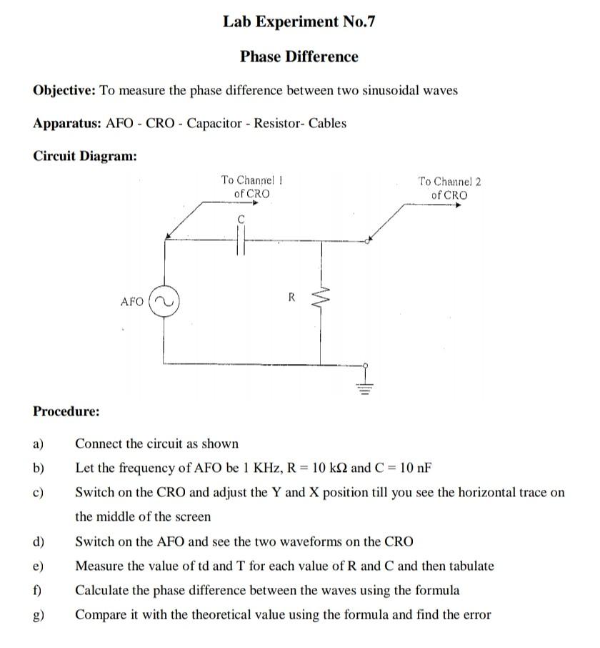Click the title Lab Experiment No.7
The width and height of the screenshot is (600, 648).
pos(299,21)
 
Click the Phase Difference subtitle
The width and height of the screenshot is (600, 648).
pos(299,57)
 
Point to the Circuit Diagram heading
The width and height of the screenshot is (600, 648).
pos(85,156)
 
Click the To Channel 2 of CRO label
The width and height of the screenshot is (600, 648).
pos(449,188)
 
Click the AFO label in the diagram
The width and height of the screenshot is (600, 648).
pos(132,302)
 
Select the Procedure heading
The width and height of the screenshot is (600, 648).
pos(66,411)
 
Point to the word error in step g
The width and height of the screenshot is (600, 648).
pos(476,614)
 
